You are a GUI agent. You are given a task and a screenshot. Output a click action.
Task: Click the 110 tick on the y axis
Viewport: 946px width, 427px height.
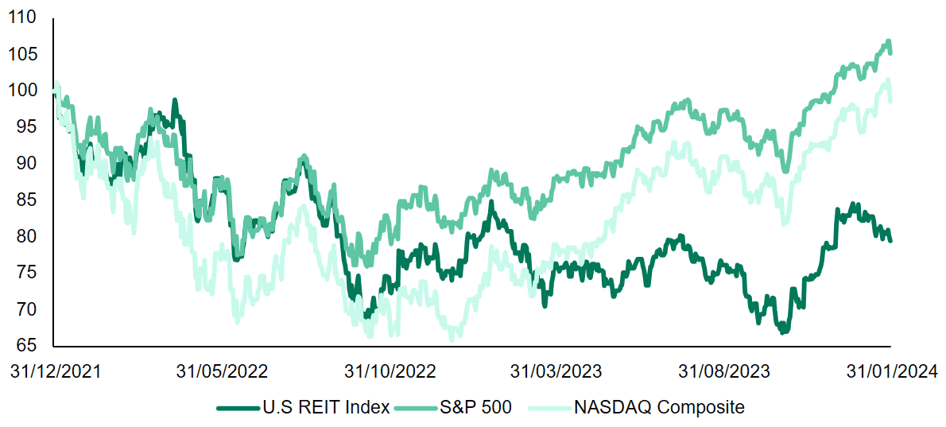click(25, 17)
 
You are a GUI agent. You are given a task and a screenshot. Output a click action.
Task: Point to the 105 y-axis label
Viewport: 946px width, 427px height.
click(25, 54)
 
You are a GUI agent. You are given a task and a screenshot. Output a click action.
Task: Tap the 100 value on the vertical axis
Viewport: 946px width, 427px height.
click(25, 91)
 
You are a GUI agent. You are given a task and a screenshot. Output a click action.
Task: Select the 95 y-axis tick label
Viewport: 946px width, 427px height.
click(30, 127)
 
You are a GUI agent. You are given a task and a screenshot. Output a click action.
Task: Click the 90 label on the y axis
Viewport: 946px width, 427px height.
click(30, 163)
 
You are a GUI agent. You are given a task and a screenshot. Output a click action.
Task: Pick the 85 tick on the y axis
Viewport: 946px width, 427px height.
click(30, 200)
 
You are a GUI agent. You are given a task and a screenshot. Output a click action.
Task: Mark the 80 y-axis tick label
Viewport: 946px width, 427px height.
click(30, 236)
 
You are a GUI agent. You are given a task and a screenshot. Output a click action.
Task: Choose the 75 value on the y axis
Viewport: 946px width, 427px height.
click(30, 273)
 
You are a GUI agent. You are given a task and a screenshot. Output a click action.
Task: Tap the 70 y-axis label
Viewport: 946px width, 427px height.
click(30, 309)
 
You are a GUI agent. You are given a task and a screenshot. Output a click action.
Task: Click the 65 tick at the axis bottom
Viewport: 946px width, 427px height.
click(30, 345)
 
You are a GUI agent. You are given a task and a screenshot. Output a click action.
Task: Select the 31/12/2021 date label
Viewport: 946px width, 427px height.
click(53, 371)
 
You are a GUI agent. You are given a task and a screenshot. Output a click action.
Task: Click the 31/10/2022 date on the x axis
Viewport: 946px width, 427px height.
click(389, 371)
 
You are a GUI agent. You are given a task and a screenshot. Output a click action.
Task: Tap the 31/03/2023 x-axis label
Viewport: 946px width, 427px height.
click(556, 371)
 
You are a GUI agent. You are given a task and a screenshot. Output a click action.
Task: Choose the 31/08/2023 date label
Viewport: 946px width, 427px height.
click(723, 371)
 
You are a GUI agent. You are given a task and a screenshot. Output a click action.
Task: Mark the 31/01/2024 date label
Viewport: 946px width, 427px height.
click(890, 371)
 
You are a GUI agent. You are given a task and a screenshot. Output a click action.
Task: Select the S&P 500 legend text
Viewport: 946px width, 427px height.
click(476, 408)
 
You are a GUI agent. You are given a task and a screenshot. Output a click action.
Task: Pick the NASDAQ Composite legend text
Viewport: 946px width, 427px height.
click(659, 408)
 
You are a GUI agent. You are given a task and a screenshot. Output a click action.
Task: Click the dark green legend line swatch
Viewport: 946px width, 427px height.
click(237, 408)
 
